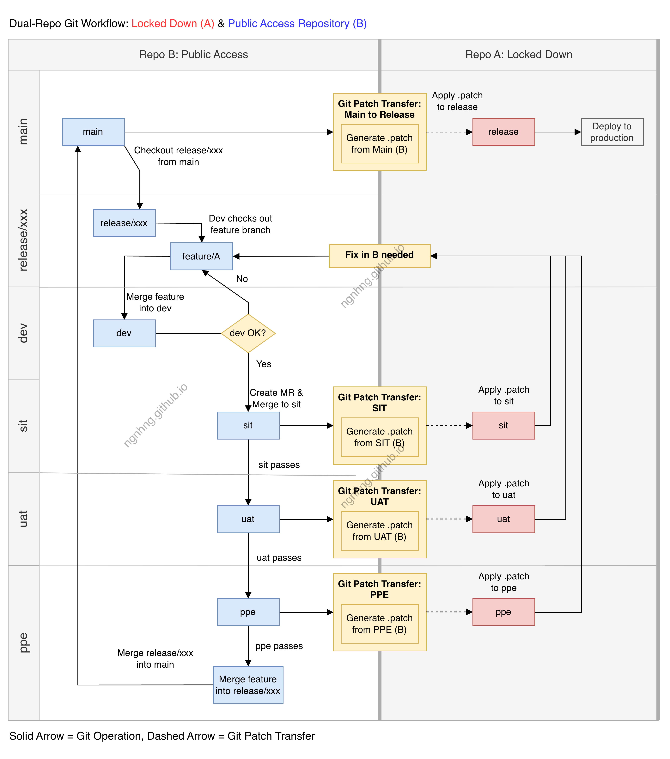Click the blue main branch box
click(x=93, y=132)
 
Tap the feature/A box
click(x=201, y=256)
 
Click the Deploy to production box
click(x=612, y=132)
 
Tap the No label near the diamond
click(x=242, y=279)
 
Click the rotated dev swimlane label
click(x=23, y=333)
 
